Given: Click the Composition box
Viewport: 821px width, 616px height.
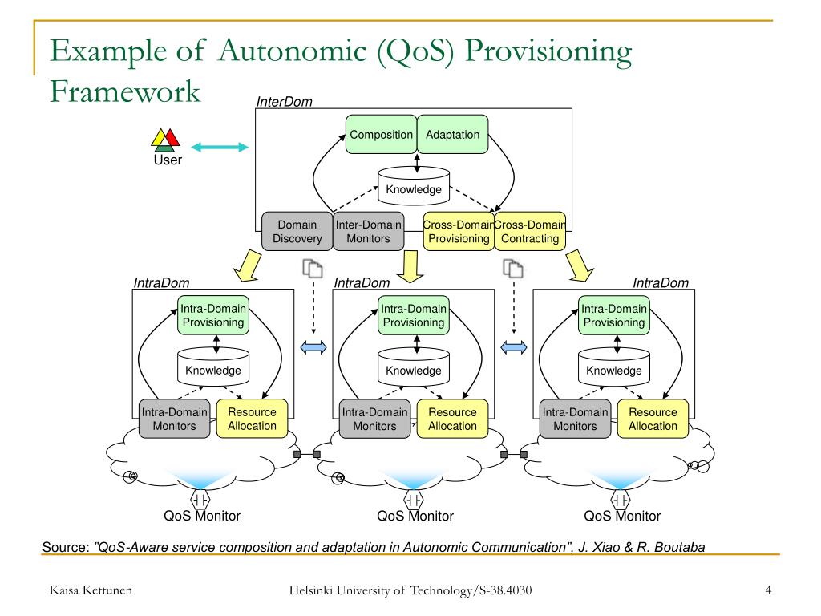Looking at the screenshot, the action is tap(381, 135).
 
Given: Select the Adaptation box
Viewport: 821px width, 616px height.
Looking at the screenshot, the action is tap(452, 135).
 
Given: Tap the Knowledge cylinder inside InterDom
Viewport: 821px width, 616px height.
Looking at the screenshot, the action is tap(414, 185).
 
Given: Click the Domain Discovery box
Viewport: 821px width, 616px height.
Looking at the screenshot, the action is tap(297, 232).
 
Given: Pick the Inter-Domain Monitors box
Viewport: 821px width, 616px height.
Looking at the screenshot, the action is tap(369, 232).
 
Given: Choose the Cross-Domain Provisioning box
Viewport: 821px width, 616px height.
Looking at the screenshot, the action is tap(459, 232).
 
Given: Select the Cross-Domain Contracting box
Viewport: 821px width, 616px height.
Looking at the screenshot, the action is tap(530, 232).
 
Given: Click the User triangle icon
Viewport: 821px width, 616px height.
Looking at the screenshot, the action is tap(165, 140).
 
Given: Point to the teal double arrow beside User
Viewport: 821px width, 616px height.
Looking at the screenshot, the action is tap(220, 148).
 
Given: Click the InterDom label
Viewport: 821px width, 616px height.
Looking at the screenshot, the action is tap(285, 102).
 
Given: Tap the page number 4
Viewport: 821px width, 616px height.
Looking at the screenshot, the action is tap(768, 590).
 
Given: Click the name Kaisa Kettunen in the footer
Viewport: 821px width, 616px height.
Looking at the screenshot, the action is tap(91, 590).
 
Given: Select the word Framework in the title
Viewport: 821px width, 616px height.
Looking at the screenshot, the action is tap(125, 91).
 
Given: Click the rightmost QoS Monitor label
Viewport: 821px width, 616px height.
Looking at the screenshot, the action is tap(622, 516).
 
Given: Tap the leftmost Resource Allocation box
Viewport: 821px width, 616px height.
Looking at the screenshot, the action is tap(252, 419).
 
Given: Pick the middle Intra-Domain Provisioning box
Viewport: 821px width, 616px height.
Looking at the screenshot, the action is tap(414, 315).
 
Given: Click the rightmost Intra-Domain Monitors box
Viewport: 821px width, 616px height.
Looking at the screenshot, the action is tap(575, 419).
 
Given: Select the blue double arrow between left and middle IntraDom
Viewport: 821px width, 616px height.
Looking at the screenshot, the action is tap(313, 347).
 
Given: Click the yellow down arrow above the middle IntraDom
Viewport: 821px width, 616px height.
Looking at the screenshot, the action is tap(410, 266).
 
